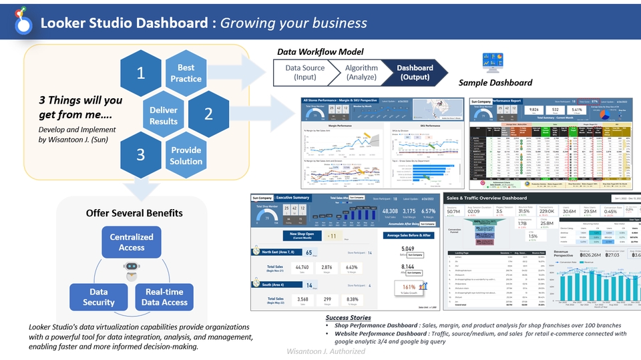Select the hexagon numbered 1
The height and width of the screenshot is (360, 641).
(x=141, y=73)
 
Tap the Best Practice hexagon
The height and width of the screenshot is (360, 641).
(x=186, y=73)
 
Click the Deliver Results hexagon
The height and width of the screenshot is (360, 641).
(x=164, y=116)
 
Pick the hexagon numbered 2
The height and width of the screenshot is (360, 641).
(x=208, y=114)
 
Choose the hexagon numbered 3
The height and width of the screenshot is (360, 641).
(x=141, y=155)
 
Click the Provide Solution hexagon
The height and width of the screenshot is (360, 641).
(x=186, y=155)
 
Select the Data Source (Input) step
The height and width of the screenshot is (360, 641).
(x=305, y=73)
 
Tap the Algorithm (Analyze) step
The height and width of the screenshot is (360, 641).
(x=361, y=73)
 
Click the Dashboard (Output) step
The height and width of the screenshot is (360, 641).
(x=414, y=73)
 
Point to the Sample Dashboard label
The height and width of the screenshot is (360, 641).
(x=495, y=83)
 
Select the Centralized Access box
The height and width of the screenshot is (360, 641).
(x=132, y=242)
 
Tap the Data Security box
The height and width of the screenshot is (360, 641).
(x=99, y=297)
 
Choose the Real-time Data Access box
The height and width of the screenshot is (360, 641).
(x=164, y=297)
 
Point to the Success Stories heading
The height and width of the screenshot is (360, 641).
(x=348, y=317)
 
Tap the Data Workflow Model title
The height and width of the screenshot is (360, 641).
(x=320, y=51)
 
